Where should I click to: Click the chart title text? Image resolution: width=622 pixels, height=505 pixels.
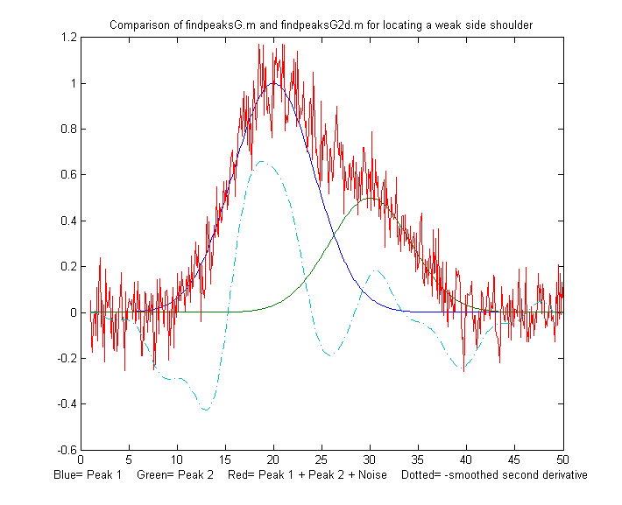pyautogui.click(x=321, y=25)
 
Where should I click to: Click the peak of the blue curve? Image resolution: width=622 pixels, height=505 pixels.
pyautogui.click(x=273, y=83)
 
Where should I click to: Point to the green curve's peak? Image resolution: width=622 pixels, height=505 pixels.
pyautogui.click(x=370, y=198)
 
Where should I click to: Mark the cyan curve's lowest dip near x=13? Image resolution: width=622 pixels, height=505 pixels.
pyautogui.click(x=206, y=410)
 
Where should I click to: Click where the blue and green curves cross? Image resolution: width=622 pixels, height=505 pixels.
pyautogui.click(x=336, y=235)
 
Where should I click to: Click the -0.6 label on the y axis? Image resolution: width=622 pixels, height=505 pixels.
pyautogui.click(x=64, y=450)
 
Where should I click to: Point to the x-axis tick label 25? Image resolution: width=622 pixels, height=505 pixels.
pyautogui.click(x=322, y=459)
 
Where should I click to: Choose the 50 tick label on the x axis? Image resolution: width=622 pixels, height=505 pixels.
pyautogui.click(x=562, y=459)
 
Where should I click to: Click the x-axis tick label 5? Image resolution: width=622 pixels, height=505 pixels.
pyautogui.click(x=129, y=459)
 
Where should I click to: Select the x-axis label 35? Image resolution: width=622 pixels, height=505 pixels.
pyautogui.click(x=418, y=459)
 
